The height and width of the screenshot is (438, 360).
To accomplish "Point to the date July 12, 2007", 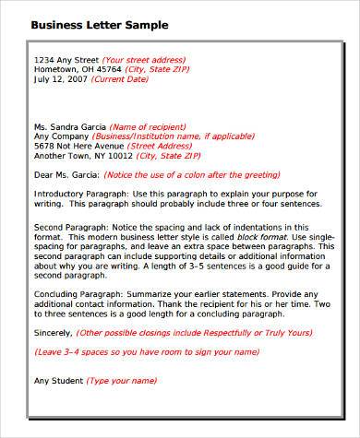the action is click(x=61, y=79).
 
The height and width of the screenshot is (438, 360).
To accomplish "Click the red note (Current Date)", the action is click(x=120, y=79).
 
